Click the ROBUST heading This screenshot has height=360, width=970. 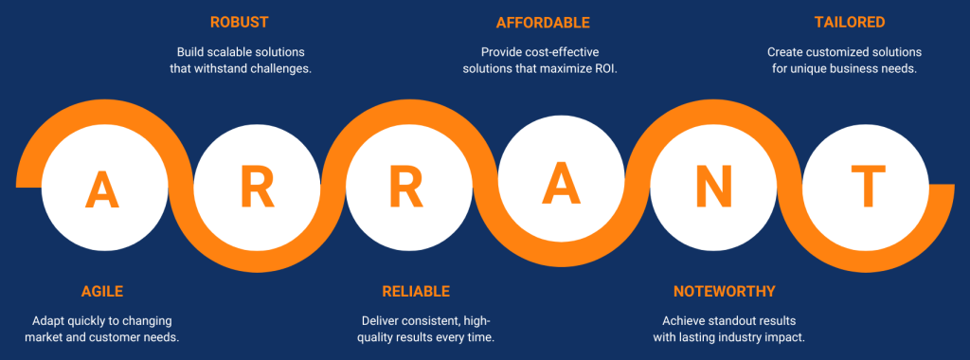(239, 23)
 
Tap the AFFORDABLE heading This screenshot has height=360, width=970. (543, 23)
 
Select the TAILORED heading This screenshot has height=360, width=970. (850, 23)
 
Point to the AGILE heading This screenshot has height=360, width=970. (102, 292)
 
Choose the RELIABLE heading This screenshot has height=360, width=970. (416, 292)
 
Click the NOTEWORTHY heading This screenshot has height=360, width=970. (724, 292)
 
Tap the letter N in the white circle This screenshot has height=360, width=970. (714, 188)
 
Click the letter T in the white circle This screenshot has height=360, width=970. (868, 187)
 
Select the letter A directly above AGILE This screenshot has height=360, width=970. (102, 189)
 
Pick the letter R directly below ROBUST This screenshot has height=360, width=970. (257, 188)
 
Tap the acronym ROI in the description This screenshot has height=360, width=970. (608, 68)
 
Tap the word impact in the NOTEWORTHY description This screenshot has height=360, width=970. (785, 338)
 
